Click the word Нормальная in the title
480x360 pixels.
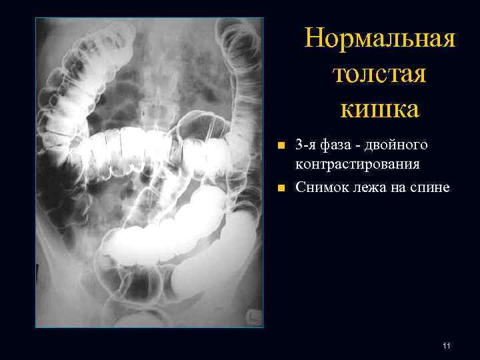pos(380,39)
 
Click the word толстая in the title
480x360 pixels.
pos(379,74)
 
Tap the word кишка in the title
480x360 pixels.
pos(379,109)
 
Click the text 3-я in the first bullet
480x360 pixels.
pos(305,145)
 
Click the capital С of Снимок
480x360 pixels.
pos(300,188)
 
